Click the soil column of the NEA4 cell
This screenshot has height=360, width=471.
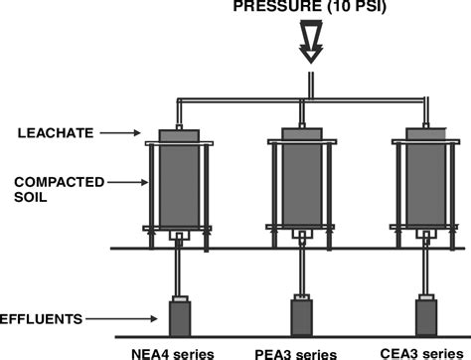click(180, 189)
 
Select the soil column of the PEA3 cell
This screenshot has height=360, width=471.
click(301, 189)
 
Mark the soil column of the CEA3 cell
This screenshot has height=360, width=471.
click(422, 189)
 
